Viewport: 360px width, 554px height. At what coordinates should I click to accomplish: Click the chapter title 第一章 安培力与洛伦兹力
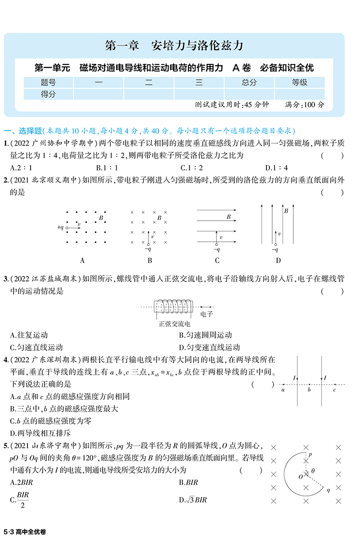click(x=174, y=45)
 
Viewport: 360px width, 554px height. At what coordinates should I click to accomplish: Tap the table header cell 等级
click(x=299, y=82)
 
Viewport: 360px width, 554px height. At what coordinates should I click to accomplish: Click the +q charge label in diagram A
click(x=61, y=227)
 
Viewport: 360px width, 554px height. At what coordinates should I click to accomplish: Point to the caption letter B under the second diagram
click(x=150, y=260)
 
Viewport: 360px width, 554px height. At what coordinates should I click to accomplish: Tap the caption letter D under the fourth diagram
click(x=278, y=260)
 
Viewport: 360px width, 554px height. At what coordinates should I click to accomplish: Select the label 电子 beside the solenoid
click(x=207, y=314)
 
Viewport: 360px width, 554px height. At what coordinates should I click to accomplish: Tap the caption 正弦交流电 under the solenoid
click(x=175, y=324)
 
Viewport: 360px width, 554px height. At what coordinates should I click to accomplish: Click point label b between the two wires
click(x=309, y=390)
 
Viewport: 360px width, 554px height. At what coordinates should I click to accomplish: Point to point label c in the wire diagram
click(x=334, y=390)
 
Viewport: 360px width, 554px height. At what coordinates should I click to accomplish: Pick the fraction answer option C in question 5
click(x=22, y=500)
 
